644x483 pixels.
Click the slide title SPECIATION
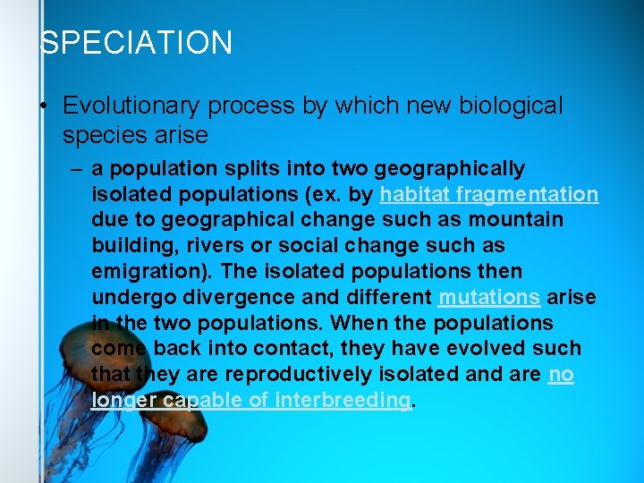137,43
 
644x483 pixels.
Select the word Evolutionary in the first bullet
132,106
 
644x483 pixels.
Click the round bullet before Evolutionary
43,106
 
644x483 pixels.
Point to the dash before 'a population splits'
77,168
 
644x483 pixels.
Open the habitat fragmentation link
489,194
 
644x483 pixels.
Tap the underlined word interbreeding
343,401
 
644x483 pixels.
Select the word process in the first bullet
253,106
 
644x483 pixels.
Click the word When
387,323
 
